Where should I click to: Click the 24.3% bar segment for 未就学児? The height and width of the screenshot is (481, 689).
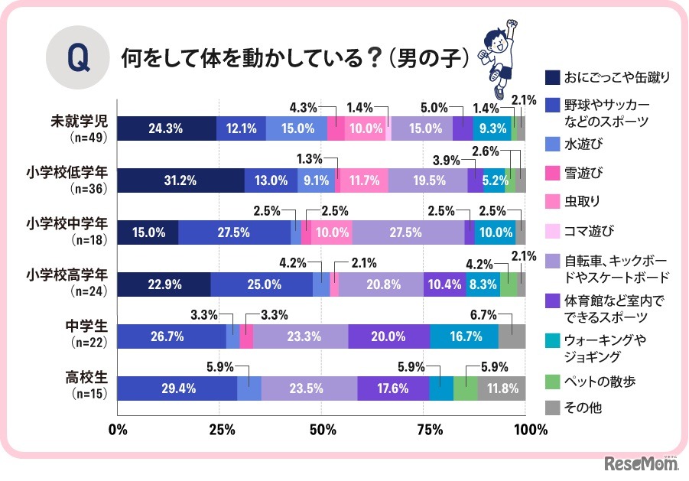pyautogui.click(x=167, y=128)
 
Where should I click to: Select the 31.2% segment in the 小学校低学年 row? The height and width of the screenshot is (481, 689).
pyautogui.click(x=180, y=180)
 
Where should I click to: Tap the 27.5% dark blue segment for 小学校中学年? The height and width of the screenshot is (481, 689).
pyautogui.click(x=234, y=232)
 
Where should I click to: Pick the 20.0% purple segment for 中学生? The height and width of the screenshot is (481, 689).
pyautogui.click(x=389, y=336)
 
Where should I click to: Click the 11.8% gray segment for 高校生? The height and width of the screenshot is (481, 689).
pyautogui.click(x=502, y=388)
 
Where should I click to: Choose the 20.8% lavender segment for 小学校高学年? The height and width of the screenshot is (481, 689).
pyautogui.click(x=381, y=284)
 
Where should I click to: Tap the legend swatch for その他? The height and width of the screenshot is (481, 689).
pyautogui.click(x=551, y=407)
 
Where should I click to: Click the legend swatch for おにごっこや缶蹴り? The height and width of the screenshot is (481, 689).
pyautogui.click(x=551, y=76)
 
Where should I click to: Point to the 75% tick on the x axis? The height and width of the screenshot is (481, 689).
pyautogui.click(x=424, y=429)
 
